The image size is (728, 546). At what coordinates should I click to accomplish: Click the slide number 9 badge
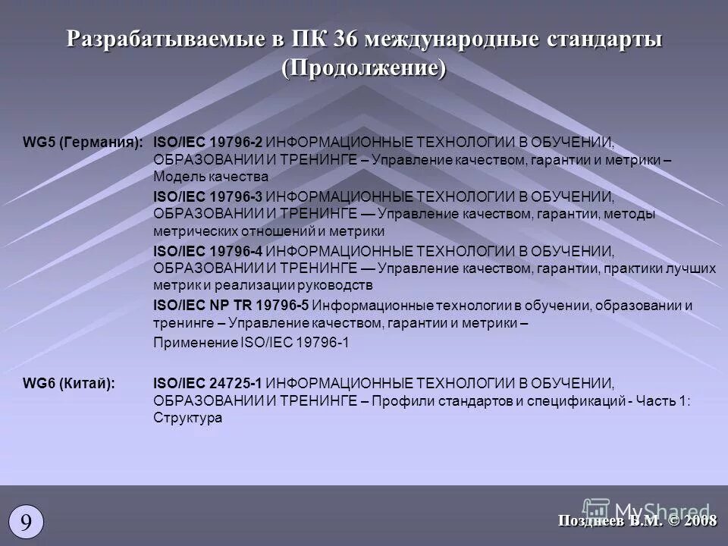pyautogui.click(x=26, y=522)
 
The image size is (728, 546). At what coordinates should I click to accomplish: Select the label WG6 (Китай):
pyautogui.click(x=70, y=384)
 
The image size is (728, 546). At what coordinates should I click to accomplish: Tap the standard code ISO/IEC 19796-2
pyautogui.click(x=209, y=143)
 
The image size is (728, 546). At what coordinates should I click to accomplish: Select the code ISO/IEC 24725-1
pyautogui.click(x=209, y=384)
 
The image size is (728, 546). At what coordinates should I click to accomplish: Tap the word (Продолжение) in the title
pyautogui.click(x=364, y=67)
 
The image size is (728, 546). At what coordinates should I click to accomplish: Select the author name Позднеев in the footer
pyautogui.click(x=591, y=520)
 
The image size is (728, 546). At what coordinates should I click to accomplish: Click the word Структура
pyautogui.click(x=187, y=418)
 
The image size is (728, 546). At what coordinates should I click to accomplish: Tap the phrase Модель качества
pyautogui.click(x=211, y=177)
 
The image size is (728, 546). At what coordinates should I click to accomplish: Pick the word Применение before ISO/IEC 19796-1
pyautogui.click(x=195, y=342)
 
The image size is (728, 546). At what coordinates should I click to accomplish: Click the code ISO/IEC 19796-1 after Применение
pyautogui.click(x=295, y=342)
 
